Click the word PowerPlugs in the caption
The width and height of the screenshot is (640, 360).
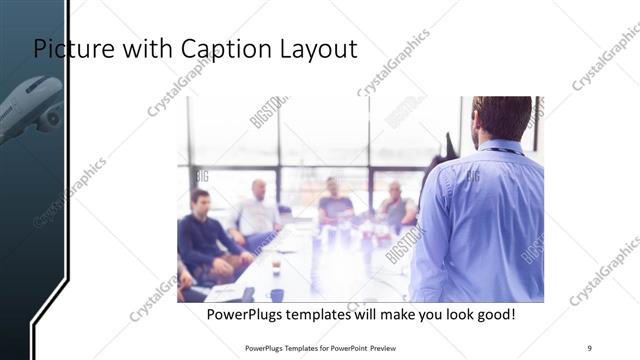point(244,315)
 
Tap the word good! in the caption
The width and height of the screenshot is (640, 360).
point(495,315)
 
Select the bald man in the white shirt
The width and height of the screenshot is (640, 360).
point(257,211)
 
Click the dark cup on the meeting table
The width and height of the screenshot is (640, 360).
point(277,295)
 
